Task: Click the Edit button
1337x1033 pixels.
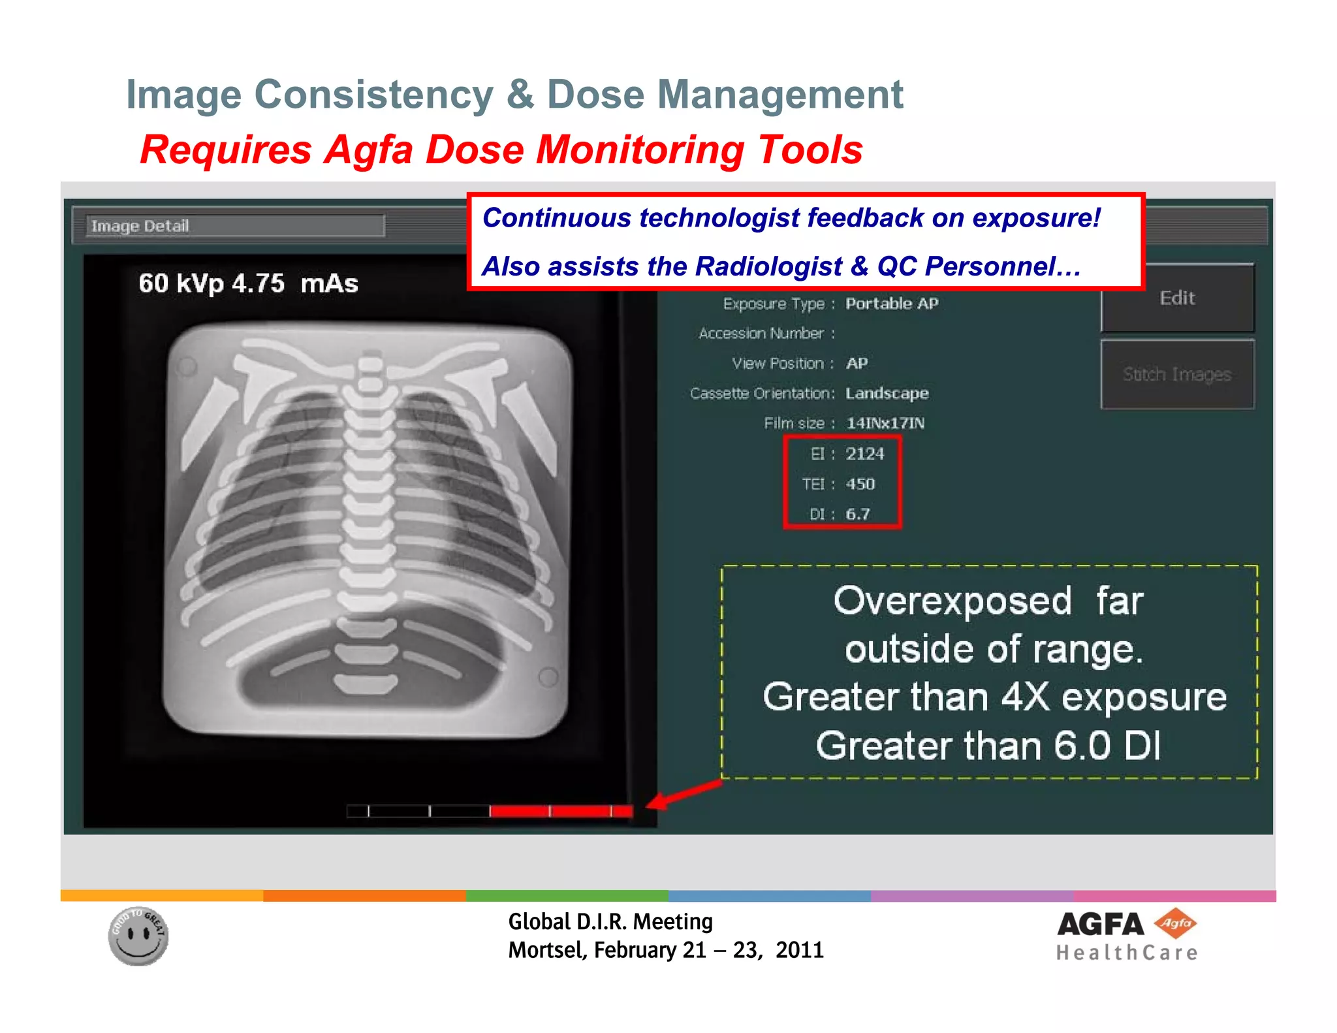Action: tap(1177, 298)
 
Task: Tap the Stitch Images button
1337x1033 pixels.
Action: tap(1177, 374)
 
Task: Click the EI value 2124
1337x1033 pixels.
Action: tap(864, 454)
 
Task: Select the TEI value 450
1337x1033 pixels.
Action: tap(860, 484)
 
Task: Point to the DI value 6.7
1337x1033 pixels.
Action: tap(857, 514)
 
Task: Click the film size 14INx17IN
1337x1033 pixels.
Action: tap(885, 423)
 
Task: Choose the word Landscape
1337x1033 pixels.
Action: tap(887, 393)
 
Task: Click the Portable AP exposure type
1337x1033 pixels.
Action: tap(892, 304)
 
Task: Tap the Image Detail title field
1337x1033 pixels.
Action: tap(235, 226)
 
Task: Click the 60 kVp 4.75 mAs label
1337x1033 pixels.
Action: tap(248, 283)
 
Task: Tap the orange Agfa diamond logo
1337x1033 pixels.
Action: tap(1175, 923)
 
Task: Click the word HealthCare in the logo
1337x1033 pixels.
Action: tap(1127, 953)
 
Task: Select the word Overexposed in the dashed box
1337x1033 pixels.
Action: tap(952, 601)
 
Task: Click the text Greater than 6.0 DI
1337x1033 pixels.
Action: tap(988, 746)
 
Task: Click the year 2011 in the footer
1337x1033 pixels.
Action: tap(800, 950)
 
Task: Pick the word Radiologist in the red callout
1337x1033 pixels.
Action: tap(768, 266)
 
